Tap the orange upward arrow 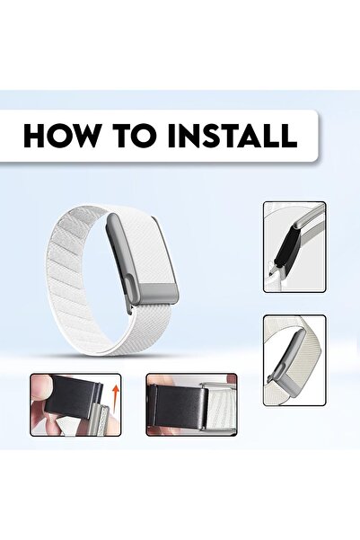114,393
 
